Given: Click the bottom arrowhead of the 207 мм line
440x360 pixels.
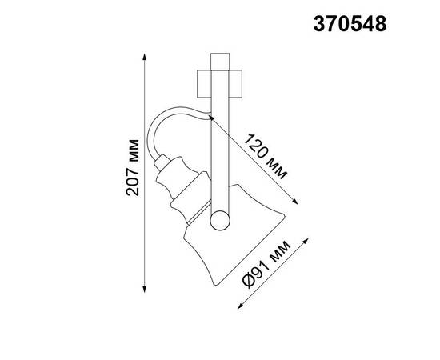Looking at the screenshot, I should (144, 288).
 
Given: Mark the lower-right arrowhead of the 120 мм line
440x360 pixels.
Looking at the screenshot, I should (298, 200).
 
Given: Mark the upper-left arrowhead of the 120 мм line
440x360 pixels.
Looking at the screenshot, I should (212, 117).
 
